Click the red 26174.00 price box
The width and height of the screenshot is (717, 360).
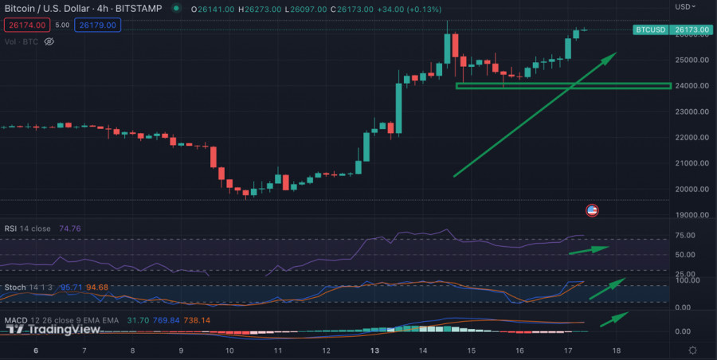click(26, 25)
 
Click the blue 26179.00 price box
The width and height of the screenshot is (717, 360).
click(97, 25)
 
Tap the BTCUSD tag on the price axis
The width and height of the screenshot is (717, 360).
click(650, 30)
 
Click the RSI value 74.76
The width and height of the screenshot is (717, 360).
click(69, 229)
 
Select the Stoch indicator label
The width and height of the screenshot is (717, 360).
click(15, 286)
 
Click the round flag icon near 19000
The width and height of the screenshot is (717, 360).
click(592, 210)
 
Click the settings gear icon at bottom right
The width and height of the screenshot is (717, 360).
click(692, 350)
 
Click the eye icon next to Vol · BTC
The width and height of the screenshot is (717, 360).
click(49, 41)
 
